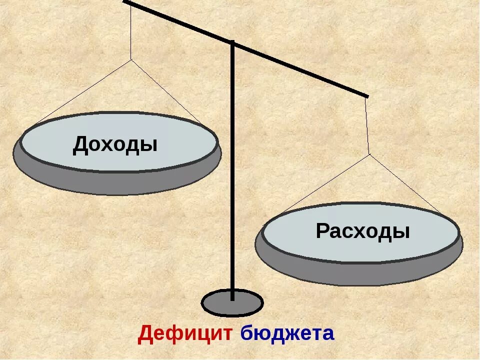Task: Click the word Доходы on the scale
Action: coord(115,144)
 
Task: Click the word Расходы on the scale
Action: coord(362,231)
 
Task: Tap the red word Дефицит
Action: coord(185,333)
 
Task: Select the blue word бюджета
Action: coord(287,333)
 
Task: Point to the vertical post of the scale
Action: coord(232,175)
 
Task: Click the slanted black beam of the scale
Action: coord(300,69)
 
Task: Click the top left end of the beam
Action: coord(125,2)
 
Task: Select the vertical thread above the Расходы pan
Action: coord(367,125)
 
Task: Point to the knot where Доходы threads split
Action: coord(131,59)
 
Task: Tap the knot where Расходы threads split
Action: coord(369,154)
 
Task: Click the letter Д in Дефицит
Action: coord(145,333)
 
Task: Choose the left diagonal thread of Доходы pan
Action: coord(82,92)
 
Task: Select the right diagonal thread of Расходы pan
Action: coord(407,185)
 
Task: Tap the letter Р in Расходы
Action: coord(322,232)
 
